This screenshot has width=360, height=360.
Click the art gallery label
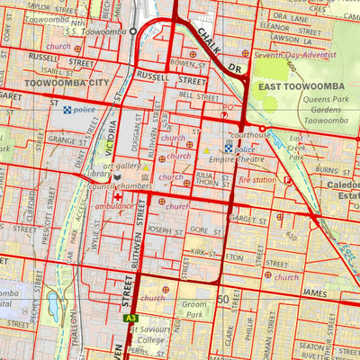[x=122, y=166]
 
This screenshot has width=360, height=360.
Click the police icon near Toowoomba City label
[x=67, y=109]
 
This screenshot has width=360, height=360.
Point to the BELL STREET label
[x=199, y=95]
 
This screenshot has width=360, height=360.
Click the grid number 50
[x=223, y=298]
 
